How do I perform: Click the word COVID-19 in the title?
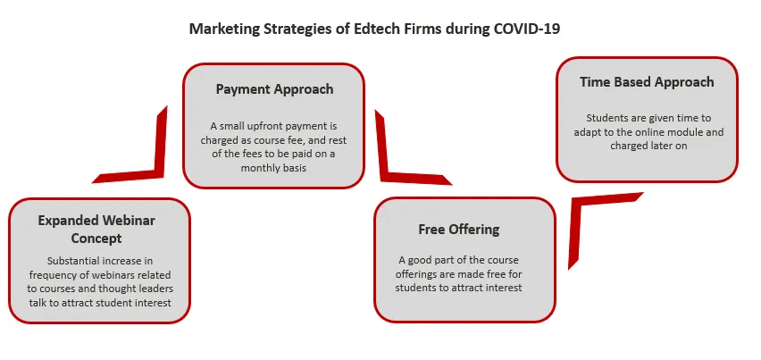click(x=527, y=29)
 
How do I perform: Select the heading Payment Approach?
click(x=275, y=89)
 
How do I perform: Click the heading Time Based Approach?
click(x=647, y=82)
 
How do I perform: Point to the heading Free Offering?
click(x=459, y=229)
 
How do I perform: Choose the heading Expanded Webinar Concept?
click(x=96, y=230)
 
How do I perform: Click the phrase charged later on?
click(x=648, y=146)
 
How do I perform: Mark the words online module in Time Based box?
click(x=682, y=132)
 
